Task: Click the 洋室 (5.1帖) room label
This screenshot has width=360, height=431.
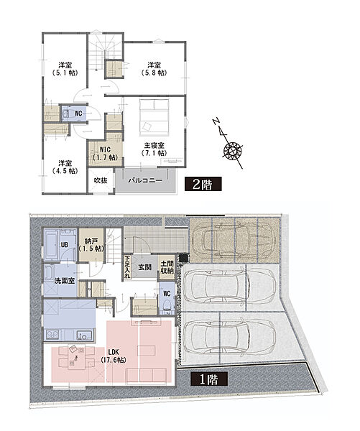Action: pyautogui.click(x=65, y=69)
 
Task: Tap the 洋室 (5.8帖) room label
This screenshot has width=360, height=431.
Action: pyautogui.click(x=154, y=69)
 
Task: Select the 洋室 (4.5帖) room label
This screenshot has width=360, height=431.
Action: pyautogui.click(x=65, y=167)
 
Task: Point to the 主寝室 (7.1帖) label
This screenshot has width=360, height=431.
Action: pyautogui.click(x=154, y=149)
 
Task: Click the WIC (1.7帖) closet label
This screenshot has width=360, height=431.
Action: pyautogui.click(x=105, y=154)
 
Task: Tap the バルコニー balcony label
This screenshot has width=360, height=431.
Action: pyautogui.click(x=145, y=180)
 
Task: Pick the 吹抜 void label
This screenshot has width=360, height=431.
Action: pyautogui.click(x=101, y=180)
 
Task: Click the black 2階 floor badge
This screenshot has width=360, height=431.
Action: pyautogui.click(x=203, y=184)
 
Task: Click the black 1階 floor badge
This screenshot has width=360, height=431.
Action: pyautogui.click(x=209, y=379)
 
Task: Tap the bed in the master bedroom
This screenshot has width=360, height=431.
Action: pyautogui.click(x=154, y=117)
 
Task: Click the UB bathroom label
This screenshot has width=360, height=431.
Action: pyautogui.click(x=65, y=244)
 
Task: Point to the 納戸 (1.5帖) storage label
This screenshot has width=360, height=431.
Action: pyautogui.click(x=91, y=245)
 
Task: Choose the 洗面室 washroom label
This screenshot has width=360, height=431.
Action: pyautogui.click(x=65, y=281)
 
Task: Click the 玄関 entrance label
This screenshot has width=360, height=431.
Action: pyautogui.click(x=144, y=267)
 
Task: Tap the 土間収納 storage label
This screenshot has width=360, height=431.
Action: pyautogui.click(x=167, y=267)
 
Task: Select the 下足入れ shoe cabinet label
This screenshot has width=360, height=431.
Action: pyautogui.click(x=127, y=267)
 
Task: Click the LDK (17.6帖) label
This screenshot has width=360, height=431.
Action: pyautogui.click(x=114, y=356)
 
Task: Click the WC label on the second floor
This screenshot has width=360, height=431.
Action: pyautogui.click(x=78, y=113)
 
